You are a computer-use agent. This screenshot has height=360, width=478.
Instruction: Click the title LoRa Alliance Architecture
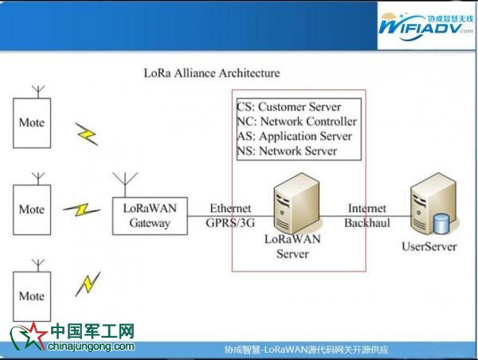pos(212,73)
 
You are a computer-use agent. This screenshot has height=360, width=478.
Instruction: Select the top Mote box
pos(32,123)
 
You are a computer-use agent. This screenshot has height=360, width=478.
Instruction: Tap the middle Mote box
pos(32,209)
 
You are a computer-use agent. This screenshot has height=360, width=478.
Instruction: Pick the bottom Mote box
pos(32,295)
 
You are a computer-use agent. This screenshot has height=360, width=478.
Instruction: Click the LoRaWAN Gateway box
pos(151,214)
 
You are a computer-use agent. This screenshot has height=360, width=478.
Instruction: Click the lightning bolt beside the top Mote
pos(87,133)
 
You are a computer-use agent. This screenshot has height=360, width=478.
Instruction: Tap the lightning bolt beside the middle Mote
pos(82,210)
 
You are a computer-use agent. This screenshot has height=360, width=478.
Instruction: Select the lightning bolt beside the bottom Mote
pos(88,283)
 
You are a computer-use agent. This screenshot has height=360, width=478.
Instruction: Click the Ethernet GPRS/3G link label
pos(230,215)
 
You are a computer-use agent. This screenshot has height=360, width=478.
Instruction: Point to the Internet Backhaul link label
pos(366,215)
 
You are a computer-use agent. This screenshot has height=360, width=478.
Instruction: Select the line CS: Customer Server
pos(288,107)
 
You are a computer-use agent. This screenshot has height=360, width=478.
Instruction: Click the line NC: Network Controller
pos(296,122)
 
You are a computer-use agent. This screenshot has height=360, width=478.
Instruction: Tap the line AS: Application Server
pos(294,136)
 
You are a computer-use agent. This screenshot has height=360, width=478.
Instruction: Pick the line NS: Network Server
pos(287,151)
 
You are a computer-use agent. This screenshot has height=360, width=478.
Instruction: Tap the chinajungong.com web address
pos(92,346)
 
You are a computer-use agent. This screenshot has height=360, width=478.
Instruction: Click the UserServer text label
pos(429,247)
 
